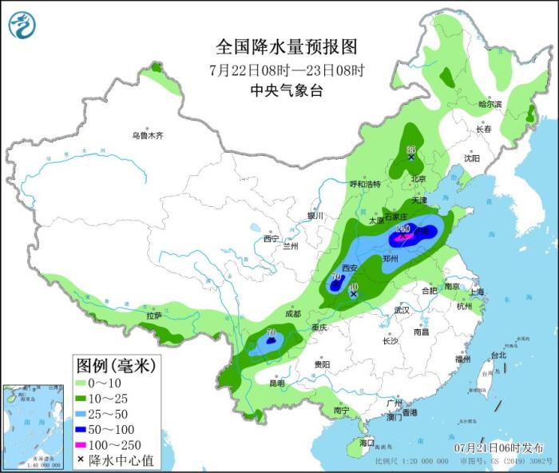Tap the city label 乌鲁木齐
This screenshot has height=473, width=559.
pyautogui.click(x=148, y=136)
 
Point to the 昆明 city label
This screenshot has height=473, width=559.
pyautogui.click(x=276, y=383)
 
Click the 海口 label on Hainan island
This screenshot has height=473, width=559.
pyautogui.click(x=367, y=442)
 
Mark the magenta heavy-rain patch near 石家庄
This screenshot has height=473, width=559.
pyautogui.click(x=402, y=237)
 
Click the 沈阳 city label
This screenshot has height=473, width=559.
pyautogui.click(x=472, y=158)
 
